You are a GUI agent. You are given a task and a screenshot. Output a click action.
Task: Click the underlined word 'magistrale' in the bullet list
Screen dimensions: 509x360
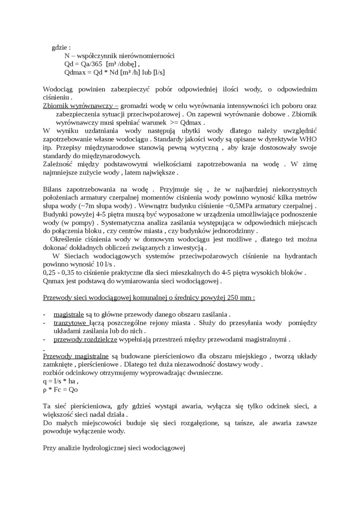(69, 314)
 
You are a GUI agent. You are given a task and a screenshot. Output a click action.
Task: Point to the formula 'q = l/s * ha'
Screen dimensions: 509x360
(60, 381)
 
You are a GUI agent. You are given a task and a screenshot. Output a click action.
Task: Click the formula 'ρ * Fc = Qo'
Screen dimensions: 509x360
(60, 389)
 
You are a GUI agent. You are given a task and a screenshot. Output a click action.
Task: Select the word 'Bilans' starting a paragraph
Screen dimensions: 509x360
(52, 189)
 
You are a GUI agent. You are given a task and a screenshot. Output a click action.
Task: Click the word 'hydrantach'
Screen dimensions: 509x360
(300, 256)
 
